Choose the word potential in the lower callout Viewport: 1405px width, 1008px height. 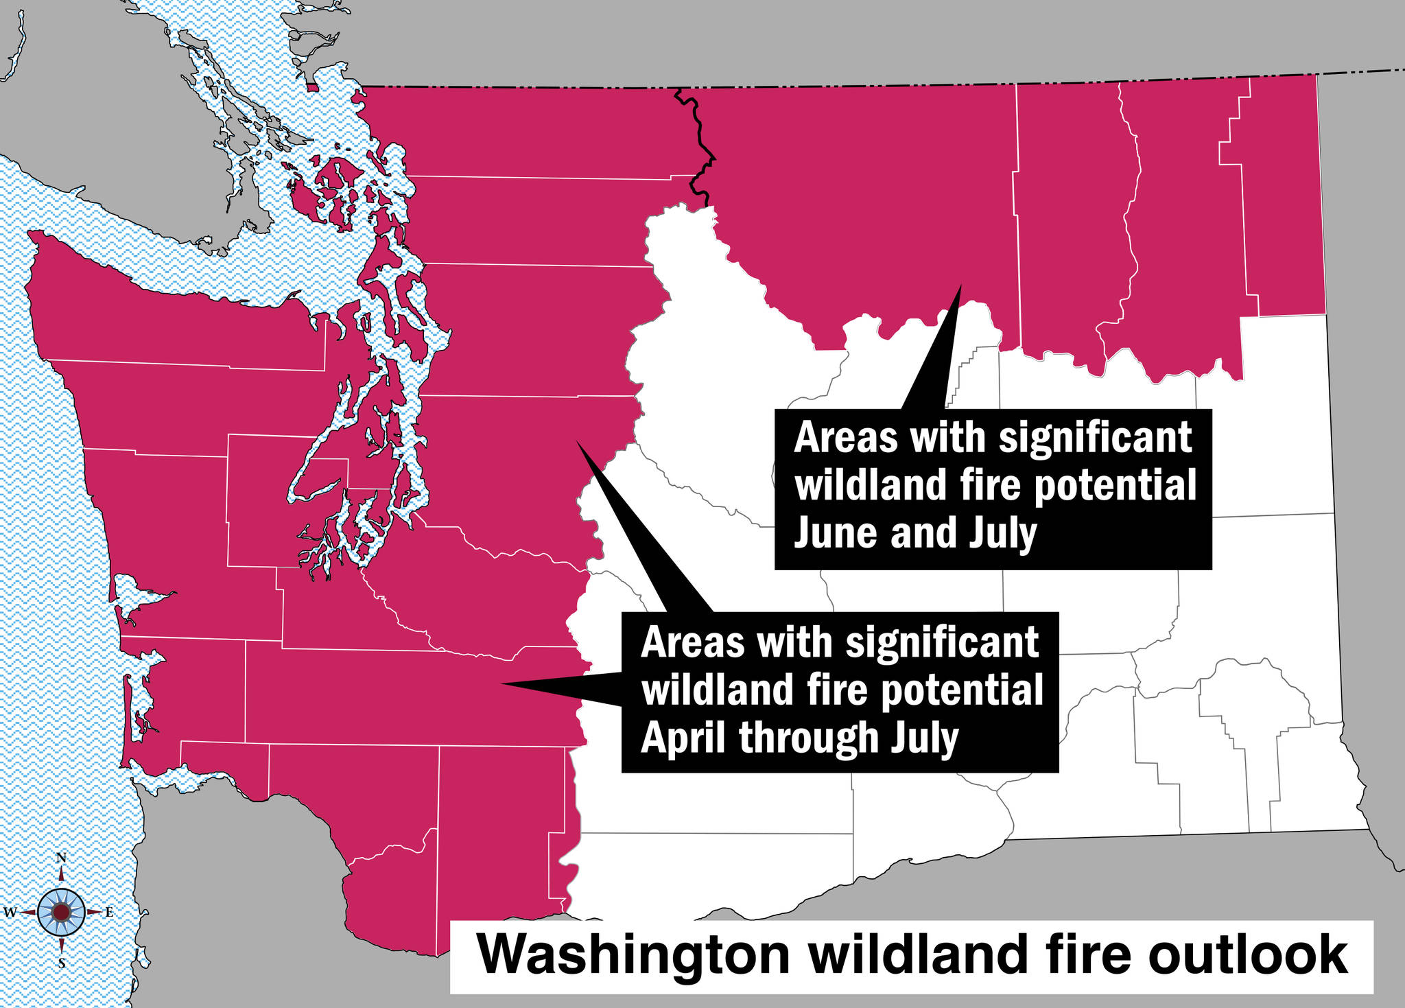tap(962, 690)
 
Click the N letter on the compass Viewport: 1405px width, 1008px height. tap(61, 858)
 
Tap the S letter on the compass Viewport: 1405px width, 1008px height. tap(61, 964)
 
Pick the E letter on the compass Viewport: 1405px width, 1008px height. tap(109, 913)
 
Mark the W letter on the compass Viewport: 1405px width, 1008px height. tap(10, 913)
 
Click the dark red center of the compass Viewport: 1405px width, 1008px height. tap(61, 912)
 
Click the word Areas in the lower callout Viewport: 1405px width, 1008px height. tap(692, 642)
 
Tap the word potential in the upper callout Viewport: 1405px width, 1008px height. tap(1115, 486)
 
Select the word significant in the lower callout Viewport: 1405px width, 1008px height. tap(942, 642)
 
